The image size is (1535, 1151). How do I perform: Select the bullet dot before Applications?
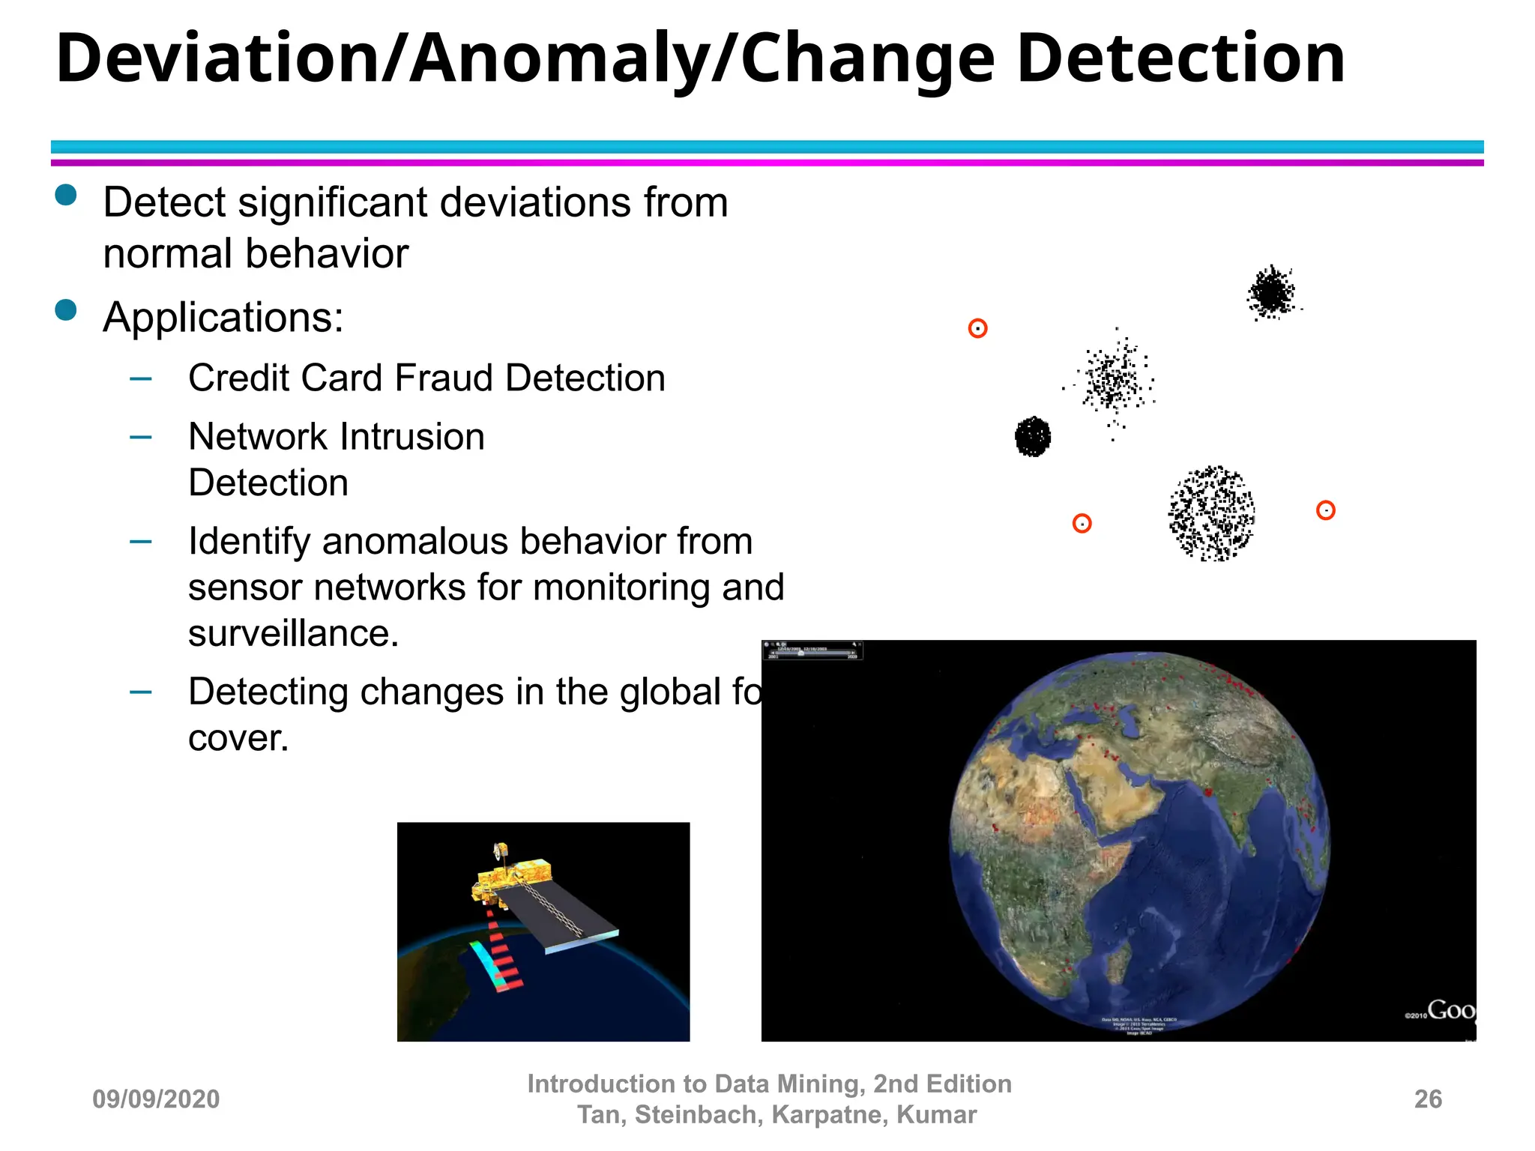[x=66, y=309]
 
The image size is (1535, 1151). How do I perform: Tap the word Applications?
[x=223, y=318]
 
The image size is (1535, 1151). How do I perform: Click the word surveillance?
[x=292, y=634]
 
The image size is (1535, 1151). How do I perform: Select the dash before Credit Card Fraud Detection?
[x=140, y=378]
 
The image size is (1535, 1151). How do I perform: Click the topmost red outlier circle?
[x=977, y=328]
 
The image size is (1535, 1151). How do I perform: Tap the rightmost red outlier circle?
[x=1325, y=510]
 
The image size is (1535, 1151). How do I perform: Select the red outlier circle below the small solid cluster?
[x=1082, y=523]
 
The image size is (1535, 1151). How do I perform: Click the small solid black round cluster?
[x=1033, y=436]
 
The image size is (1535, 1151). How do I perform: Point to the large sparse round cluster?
[x=1211, y=513]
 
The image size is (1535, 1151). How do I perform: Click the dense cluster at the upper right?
[x=1271, y=291]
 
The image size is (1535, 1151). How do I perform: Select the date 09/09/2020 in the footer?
[x=156, y=1099]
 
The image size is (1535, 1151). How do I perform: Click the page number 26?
[x=1427, y=1099]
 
